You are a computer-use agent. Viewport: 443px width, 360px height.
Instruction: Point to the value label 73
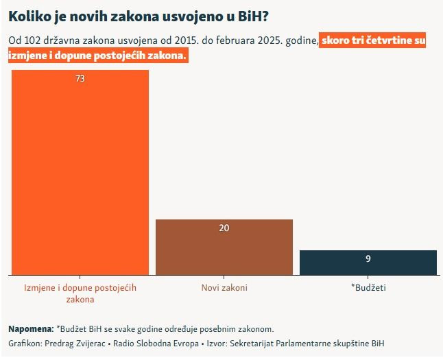tap(80, 79)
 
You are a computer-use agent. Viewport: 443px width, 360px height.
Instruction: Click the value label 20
tap(224, 228)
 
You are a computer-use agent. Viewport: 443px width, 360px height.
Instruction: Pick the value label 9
tap(368, 259)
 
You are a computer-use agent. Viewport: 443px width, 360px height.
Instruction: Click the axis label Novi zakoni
tap(224, 287)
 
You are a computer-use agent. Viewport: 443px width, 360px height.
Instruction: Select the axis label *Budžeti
tap(368, 287)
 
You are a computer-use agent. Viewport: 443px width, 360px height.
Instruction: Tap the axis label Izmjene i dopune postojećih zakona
tap(80, 293)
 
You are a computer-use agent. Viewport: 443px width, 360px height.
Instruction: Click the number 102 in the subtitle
tap(32, 41)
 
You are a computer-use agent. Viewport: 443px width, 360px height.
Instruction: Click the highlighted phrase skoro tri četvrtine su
tap(374, 41)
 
